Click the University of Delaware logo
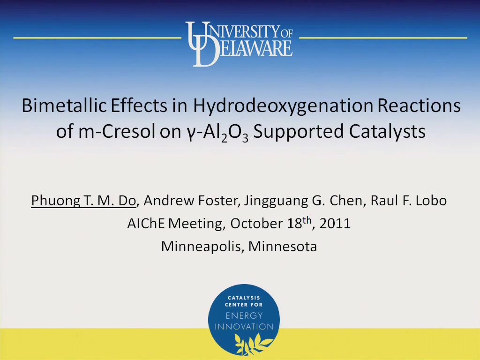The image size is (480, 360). [x=239, y=44]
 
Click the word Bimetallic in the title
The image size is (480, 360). [x=64, y=106]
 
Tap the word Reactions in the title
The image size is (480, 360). [x=419, y=106]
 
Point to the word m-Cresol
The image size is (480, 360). [x=117, y=132]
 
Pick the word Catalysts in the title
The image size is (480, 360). [x=387, y=132]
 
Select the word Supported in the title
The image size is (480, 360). [x=299, y=132]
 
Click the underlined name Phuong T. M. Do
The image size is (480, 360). [x=83, y=201]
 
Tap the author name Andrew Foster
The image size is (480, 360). [x=190, y=201]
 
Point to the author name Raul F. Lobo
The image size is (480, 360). [x=408, y=201]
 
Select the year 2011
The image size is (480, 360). [x=335, y=224]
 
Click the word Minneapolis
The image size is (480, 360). [x=201, y=247]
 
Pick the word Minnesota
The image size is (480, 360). [x=282, y=247]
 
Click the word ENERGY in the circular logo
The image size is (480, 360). [x=244, y=315]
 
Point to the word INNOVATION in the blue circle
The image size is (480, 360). [x=244, y=327]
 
